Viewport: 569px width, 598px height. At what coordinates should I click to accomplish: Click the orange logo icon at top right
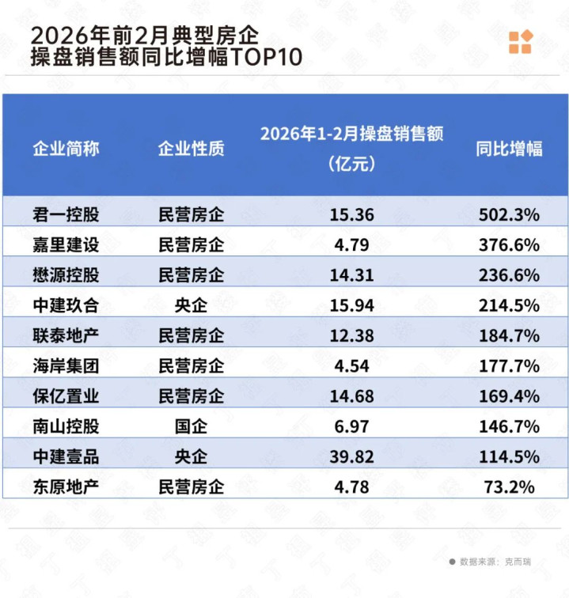click(x=520, y=42)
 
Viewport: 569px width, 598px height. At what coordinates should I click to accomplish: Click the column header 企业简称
click(x=66, y=148)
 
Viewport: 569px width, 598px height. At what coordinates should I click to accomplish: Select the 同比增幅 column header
click(x=509, y=148)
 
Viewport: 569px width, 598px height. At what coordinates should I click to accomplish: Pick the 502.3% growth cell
click(x=509, y=214)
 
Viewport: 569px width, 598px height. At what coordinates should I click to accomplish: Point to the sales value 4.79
click(x=352, y=244)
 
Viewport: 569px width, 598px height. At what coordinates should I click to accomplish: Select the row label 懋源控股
click(x=66, y=274)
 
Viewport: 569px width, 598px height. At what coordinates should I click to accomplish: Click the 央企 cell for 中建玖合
click(x=191, y=305)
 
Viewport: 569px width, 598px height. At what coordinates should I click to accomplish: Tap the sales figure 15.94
click(x=352, y=305)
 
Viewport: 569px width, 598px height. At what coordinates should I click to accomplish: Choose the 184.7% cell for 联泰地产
click(x=509, y=335)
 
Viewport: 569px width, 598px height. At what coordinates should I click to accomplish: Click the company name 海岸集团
click(x=66, y=365)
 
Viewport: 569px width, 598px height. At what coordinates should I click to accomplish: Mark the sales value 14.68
click(x=352, y=396)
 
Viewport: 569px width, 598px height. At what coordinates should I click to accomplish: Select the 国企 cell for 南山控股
click(x=191, y=426)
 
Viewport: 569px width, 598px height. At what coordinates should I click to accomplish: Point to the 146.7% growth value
click(x=509, y=426)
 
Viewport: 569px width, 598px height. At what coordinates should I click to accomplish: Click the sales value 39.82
click(x=352, y=456)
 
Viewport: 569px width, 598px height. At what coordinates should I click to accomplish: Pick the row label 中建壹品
click(x=66, y=456)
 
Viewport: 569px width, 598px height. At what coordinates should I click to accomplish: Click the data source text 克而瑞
click(x=518, y=562)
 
